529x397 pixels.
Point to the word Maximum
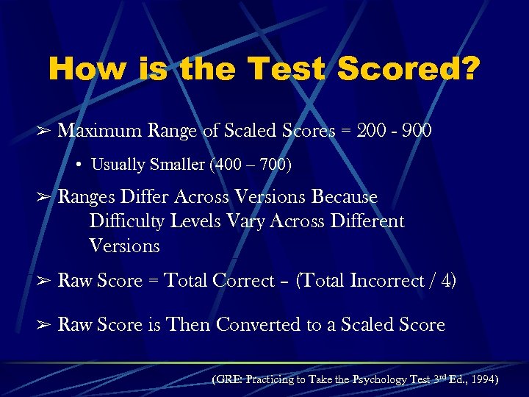(x=99, y=131)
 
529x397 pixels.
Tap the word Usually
(x=118, y=165)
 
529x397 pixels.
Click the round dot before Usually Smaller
(x=79, y=165)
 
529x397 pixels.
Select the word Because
(x=345, y=197)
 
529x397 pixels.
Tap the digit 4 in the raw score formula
(x=445, y=281)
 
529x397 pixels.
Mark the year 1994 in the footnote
(x=483, y=380)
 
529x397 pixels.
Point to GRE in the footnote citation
(x=228, y=380)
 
